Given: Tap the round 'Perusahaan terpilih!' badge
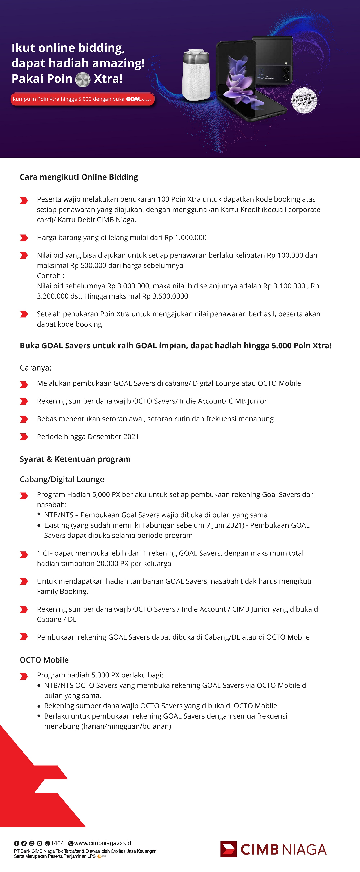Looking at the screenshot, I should pyautogui.click(x=304, y=100).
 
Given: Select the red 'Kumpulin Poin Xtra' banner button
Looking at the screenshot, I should pyautogui.click(x=82, y=99).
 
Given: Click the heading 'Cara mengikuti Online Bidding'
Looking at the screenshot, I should pyautogui.click(x=79, y=177).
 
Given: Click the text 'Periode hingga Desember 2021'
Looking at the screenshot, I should pyautogui.click(x=88, y=437).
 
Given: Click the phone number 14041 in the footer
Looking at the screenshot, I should pyautogui.click(x=59, y=843).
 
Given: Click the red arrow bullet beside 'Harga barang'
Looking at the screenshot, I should pyautogui.click(x=24, y=238).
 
